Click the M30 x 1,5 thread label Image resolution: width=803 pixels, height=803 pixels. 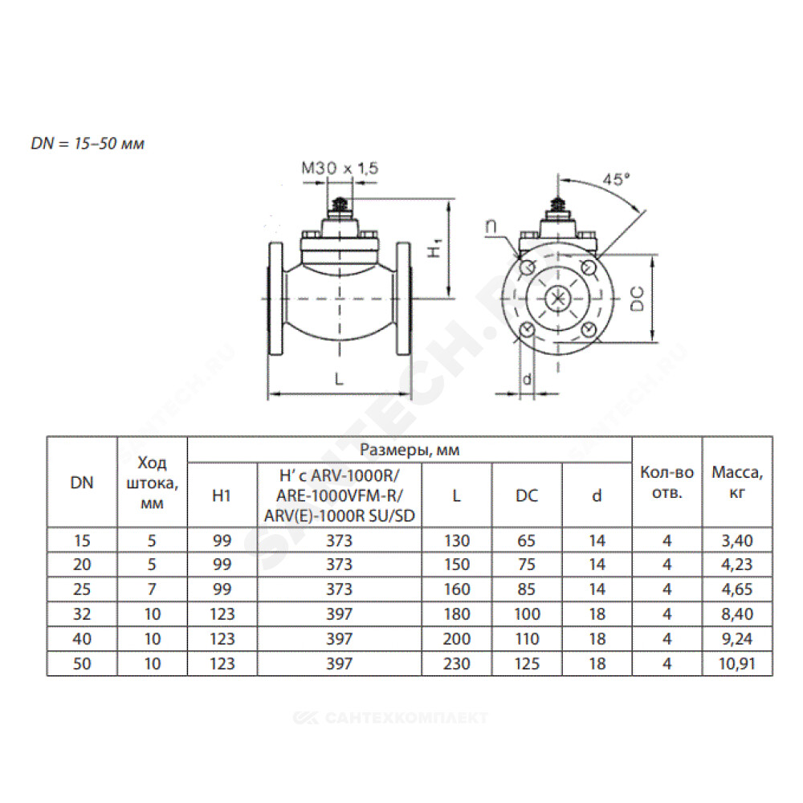click(x=340, y=168)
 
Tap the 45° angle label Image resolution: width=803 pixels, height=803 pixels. click(x=616, y=179)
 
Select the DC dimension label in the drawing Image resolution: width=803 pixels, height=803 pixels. click(x=637, y=299)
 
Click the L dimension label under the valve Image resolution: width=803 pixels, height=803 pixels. click(x=339, y=379)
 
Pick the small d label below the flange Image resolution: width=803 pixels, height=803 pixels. click(x=527, y=379)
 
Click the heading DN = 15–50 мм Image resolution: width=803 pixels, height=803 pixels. click(x=88, y=144)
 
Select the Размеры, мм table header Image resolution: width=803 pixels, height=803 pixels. click(x=410, y=450)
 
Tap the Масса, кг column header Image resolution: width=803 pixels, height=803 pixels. click(x=737, y=483)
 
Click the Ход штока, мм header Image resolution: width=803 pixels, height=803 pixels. click(x=152, y=483)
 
